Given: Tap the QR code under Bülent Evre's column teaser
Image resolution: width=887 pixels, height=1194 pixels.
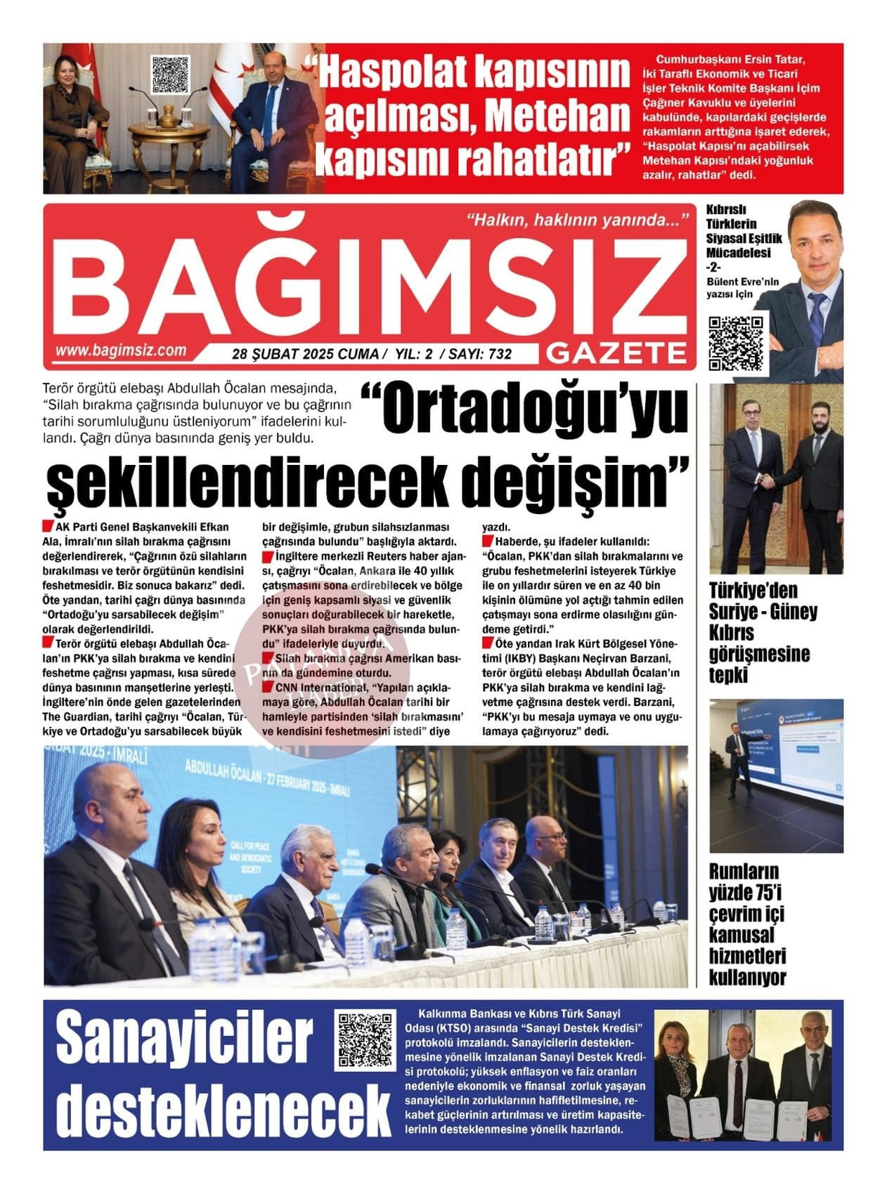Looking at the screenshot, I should tap(736, 343).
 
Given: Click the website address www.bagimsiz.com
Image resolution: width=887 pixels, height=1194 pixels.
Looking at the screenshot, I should tap(121, 350).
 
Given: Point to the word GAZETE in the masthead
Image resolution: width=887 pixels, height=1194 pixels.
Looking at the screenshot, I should tap(616, 353).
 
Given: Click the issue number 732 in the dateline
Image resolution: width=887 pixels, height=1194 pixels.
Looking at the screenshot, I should tap(500, 355).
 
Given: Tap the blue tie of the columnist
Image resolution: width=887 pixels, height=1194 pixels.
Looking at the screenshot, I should tap(817, 320).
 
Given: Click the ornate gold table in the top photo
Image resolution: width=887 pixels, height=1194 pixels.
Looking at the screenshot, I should tap(169, 133).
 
